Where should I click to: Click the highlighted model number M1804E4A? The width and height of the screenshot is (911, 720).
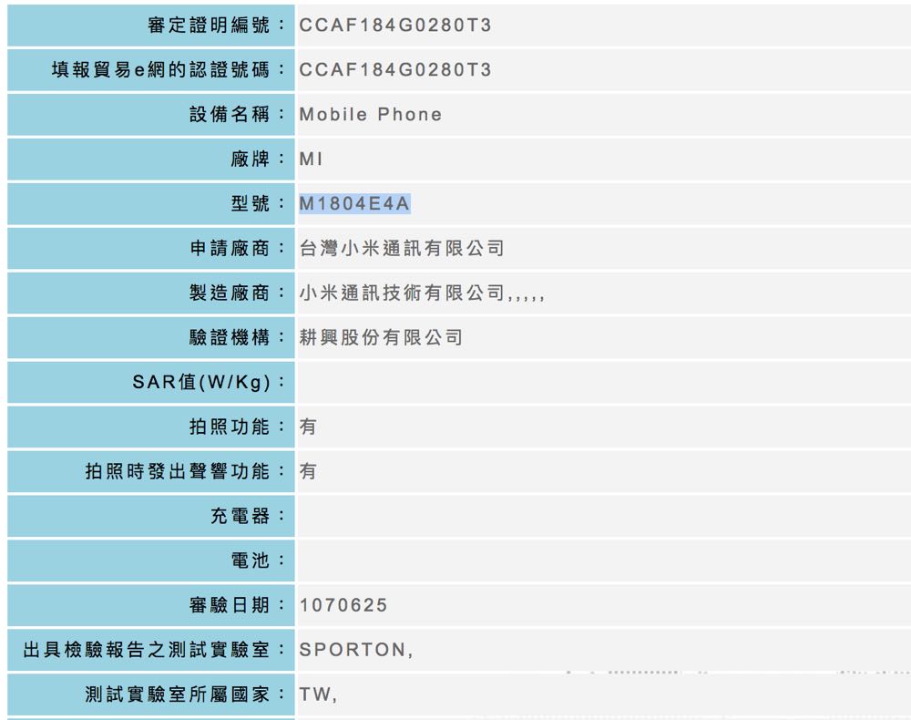354,204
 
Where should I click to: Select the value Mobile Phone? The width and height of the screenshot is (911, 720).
370,115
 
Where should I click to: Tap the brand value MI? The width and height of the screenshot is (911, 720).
311,159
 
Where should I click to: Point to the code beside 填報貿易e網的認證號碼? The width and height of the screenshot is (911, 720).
395,70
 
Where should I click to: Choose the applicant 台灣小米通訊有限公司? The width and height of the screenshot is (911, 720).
402,249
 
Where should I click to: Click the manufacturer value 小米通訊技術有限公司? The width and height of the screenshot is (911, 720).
402,293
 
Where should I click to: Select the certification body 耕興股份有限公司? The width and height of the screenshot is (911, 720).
381,338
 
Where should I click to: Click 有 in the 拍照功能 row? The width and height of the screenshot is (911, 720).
308,427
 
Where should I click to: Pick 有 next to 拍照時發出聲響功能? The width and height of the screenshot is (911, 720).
308,471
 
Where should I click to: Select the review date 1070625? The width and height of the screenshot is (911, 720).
343,606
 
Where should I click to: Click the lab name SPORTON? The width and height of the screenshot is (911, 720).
353,651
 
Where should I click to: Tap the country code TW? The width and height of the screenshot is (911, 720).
314,695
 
